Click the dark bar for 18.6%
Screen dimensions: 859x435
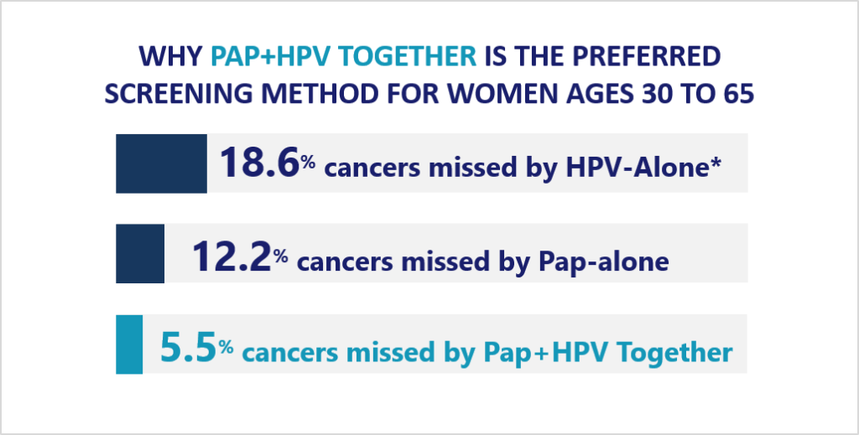(x=162, y=163)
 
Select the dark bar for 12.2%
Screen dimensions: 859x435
(x=140, y=253)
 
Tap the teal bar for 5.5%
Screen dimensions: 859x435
(x=129, y=344)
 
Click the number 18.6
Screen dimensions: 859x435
(x=260, y=163)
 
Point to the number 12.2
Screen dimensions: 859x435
(x=232, y=256)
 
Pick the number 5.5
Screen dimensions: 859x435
(x=187, y=347)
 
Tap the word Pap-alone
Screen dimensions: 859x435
(x=603, y=261)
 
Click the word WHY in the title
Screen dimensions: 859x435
(x=171, y=57)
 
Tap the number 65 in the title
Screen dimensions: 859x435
(x=739, y=94)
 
